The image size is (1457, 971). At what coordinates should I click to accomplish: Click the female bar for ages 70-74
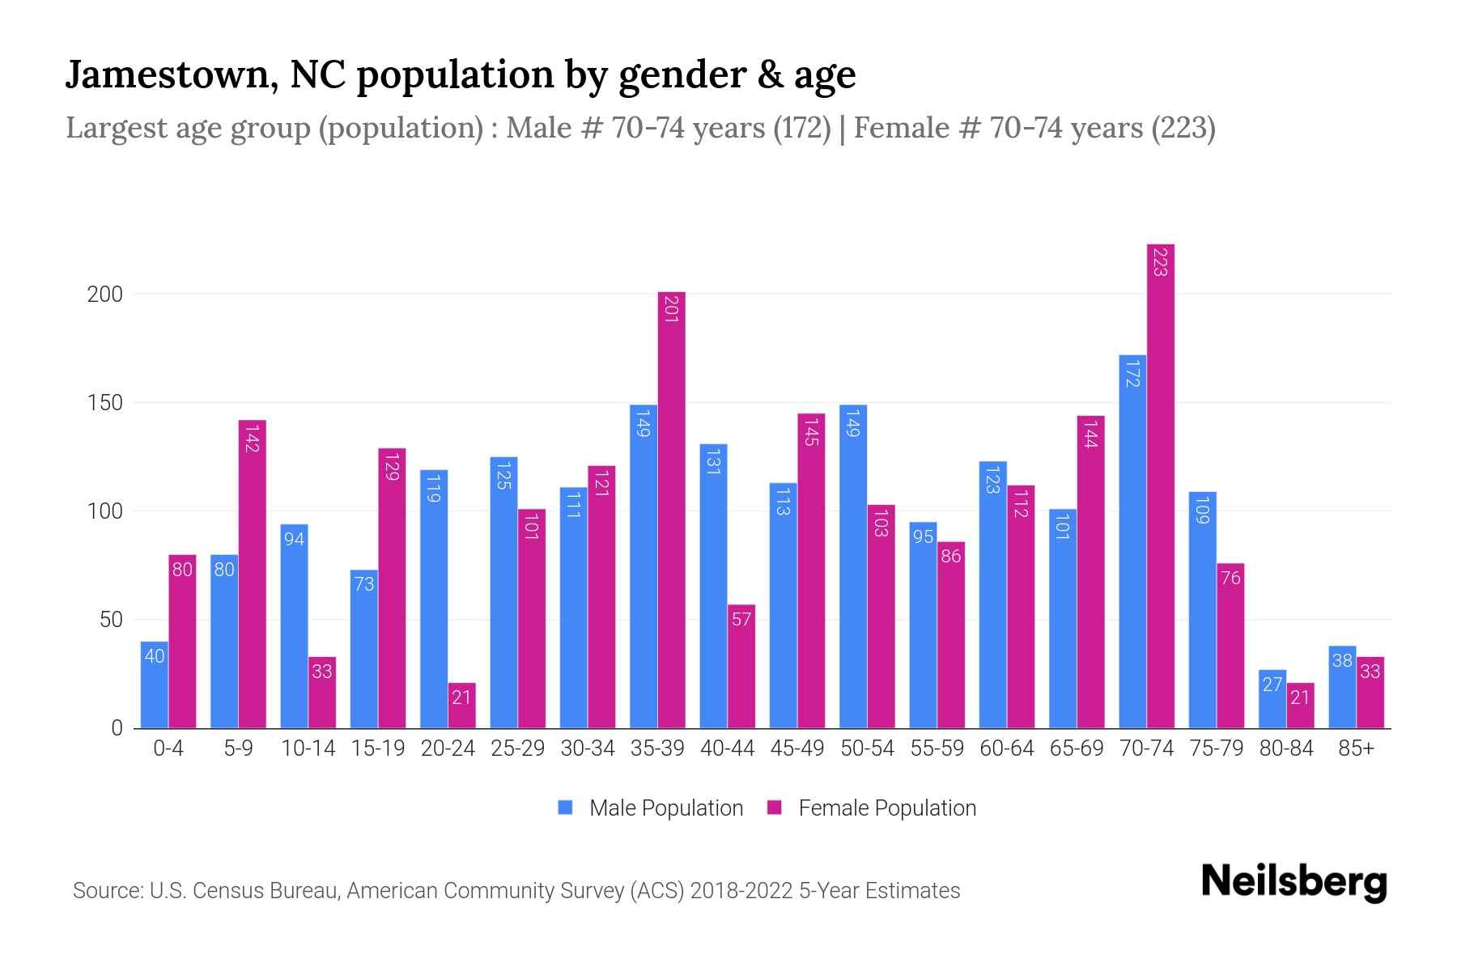point(1160,485)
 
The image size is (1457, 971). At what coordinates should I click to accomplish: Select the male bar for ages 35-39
point(643,566)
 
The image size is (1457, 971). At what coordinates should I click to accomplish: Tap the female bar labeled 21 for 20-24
point(461,706)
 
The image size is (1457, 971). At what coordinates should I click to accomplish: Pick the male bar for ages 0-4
point(154,685)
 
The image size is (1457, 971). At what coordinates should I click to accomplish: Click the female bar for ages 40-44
point(741,667)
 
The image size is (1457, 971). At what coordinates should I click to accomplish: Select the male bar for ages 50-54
point(852,566)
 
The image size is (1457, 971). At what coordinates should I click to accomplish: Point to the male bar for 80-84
point(1272,699)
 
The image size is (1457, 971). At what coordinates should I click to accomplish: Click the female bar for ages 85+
point(1370,693)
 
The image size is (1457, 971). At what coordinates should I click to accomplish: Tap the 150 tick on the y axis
point(104,403)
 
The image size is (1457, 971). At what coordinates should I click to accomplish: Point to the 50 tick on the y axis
point(111,621)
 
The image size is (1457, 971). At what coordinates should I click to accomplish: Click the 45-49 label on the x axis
point(796,748)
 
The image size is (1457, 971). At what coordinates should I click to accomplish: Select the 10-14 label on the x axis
point(308,748)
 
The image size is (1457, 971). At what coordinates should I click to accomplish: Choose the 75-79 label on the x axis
point(1216,748)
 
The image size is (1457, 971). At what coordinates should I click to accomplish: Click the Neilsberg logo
point(1293,882)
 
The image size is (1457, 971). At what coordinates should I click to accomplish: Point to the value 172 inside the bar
point(1132,373)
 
